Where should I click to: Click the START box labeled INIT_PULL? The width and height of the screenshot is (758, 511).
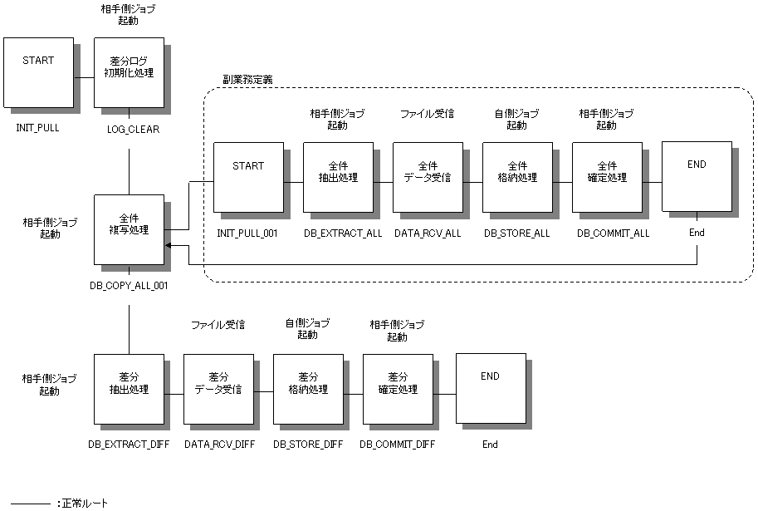pos(38,72)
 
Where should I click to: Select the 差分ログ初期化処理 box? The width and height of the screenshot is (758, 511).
pos(129,72)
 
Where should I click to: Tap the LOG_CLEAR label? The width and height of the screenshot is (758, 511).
pos(133,130)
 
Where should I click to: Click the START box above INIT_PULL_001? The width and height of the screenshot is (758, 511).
pos(248,177)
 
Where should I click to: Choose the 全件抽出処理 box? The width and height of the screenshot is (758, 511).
pos(338,177)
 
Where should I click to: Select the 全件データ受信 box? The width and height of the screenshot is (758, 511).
pos(428,177)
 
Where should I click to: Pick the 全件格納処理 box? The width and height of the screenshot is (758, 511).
pos(517,177)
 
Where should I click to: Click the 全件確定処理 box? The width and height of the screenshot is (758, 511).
pos(607,177)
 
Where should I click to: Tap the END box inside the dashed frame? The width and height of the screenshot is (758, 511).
pos(697,177)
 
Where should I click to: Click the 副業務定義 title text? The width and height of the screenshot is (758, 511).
pos(247,80)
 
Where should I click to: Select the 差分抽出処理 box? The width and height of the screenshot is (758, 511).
pos(129,389)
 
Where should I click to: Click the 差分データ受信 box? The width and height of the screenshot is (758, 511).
pos(218,389)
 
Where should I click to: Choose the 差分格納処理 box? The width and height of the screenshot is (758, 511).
pos(308,389)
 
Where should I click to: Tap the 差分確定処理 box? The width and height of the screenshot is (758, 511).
pos(398,389)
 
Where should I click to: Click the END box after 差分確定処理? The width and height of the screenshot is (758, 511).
pos(491,389)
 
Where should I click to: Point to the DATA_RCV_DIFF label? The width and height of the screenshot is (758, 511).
pos(219,445)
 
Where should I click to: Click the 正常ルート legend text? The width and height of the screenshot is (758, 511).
pos(83,503)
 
